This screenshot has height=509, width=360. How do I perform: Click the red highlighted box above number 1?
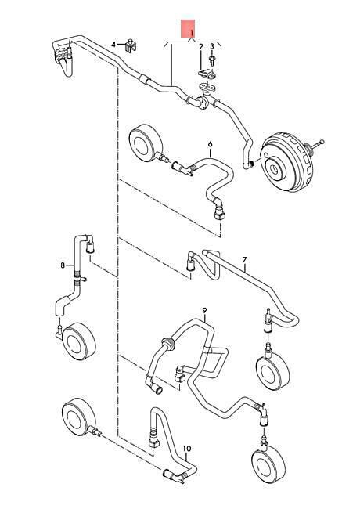188,28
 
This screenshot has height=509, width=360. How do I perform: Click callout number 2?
201,47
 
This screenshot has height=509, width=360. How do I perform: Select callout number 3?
212,46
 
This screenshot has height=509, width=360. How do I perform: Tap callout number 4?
113,44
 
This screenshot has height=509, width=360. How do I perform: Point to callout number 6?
211,144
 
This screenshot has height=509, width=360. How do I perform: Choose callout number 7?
244,260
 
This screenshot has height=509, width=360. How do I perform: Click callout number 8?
63,265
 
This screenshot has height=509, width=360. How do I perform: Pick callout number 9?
204,311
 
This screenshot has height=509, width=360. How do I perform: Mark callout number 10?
187,449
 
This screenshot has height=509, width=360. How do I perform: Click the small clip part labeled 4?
131,45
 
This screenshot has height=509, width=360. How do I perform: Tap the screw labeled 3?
212,60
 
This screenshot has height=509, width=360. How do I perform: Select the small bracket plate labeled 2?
207,74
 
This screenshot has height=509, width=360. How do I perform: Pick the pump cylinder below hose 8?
78,341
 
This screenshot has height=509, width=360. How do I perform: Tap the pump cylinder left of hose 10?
77,416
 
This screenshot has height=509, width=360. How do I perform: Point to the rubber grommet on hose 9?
168,345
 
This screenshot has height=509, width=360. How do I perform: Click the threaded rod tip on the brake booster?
322,142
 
